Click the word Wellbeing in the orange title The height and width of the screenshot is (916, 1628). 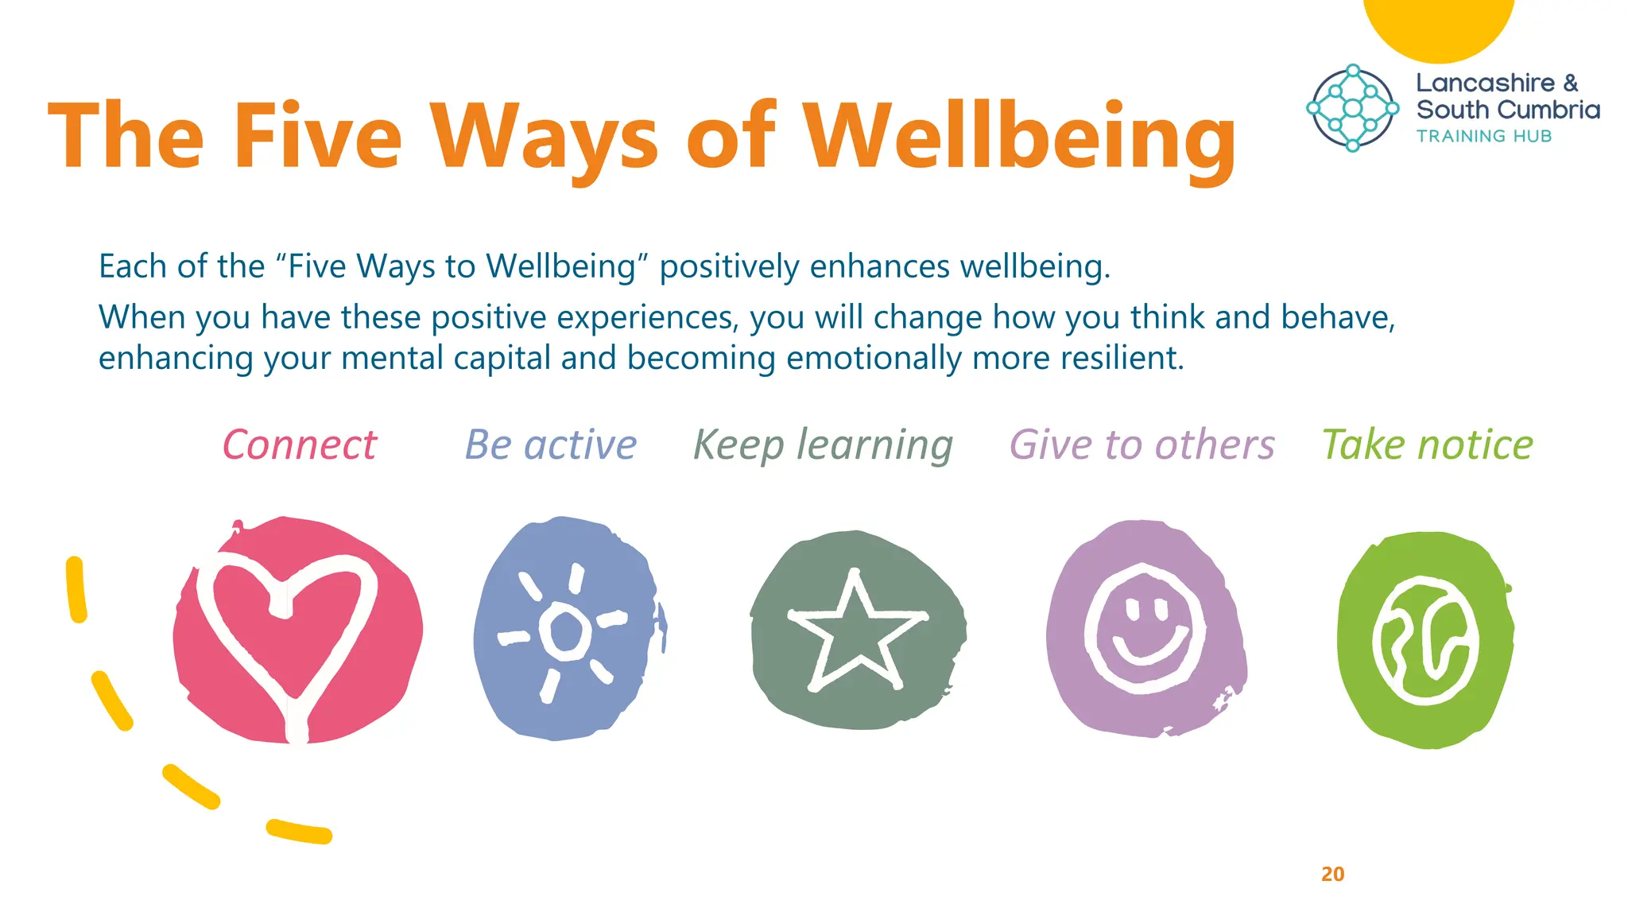pyautogui.click(x=1019, y=137)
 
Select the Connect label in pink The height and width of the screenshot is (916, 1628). pyautogui.click(x=299, y=444)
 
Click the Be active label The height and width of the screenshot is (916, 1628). pyautogui.click(x=551, y=444)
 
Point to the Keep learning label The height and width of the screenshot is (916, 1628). pyautogui.click(x=823, y=444)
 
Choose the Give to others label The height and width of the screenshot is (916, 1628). pyautogui.click(x=1142, y=444)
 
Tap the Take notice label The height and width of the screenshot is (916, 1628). pyautogui.click(x=1428, y=444)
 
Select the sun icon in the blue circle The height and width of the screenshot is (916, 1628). pyautogui.click(x=564, y=631)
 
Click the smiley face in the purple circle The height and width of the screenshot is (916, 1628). pyautogui.click(x=1145, y=628)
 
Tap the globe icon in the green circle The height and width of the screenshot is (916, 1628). pyautogui.click(x=1425, y=640)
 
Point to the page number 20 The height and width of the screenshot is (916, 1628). pyautogui.click(x=1333, y=874)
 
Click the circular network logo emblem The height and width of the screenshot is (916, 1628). pyautogui.click(x=1353, y=108)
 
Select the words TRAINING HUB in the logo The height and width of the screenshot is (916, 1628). pyautogui.click(x=1483, y=136)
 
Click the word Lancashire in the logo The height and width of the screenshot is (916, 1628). pyautogui.click(x=1485, y=83)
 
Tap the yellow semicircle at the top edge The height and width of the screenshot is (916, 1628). pyautogui.click(x=1439, y=28)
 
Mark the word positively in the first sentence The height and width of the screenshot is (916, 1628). pyautogui.click(x=729, y=266)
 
